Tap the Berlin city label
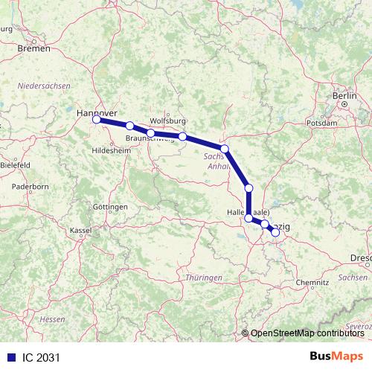345,96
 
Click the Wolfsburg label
167,121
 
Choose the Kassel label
80,231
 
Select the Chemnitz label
312,283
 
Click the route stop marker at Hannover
96,119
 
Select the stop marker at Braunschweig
150,133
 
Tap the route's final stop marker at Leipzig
275,232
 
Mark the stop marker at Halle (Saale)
248,218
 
